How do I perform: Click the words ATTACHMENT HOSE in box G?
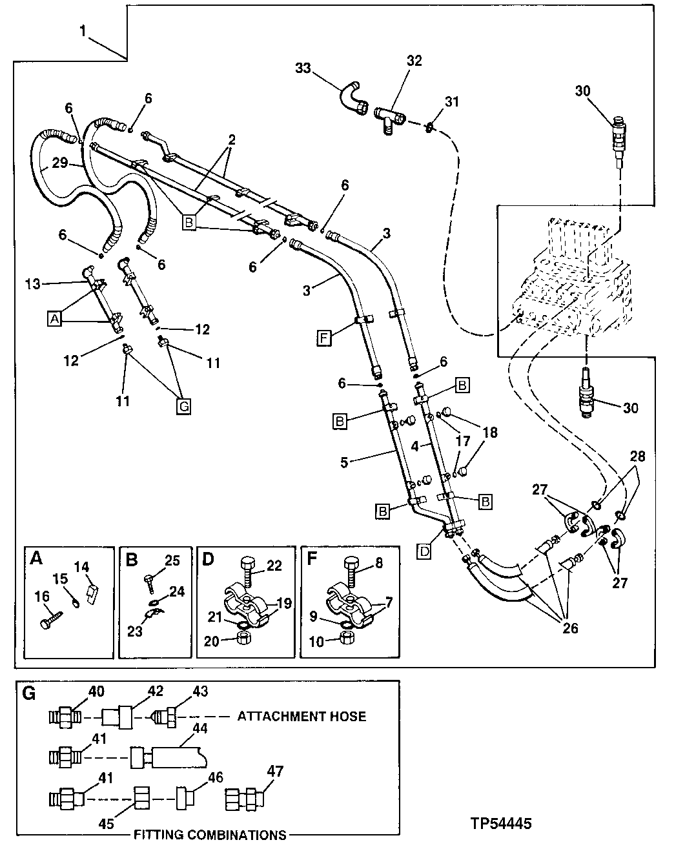tap(302, 716)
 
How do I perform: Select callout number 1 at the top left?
tap(83, 30)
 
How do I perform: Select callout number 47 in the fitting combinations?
tap(276, 771)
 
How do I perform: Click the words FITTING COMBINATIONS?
tap(210, 835)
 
